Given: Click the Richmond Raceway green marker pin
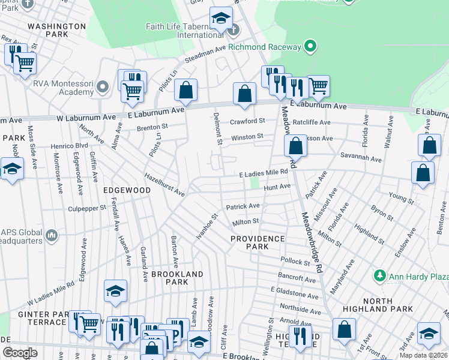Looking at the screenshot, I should coord(310,46).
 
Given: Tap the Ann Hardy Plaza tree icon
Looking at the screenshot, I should coord(379,276).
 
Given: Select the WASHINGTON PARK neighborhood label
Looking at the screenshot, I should coord(57,31).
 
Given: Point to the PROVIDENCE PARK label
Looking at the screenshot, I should coord(258,242).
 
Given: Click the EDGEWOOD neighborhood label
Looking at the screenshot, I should coord(127,190).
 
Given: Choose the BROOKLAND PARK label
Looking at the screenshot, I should coord(176,278).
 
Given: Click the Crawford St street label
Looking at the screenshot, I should coord(248,121).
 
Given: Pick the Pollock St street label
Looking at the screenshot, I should coord(294,262).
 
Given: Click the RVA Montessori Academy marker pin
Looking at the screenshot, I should coord(102,87).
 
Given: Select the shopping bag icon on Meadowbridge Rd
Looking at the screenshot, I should coord(295,145).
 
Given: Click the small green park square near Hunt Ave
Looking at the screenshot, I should coord(255,182).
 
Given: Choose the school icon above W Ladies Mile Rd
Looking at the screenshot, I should coord(115,291).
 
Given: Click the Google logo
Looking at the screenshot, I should coord(20,353).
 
